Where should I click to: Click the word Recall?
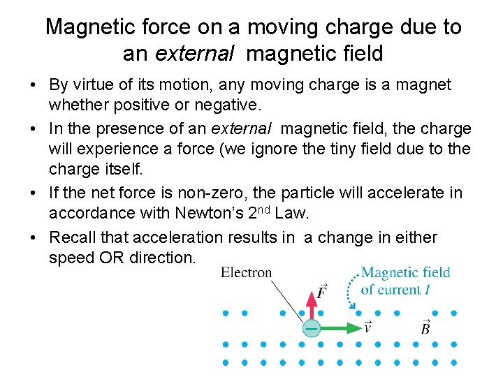point(74,237)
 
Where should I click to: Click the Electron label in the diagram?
point(246,272)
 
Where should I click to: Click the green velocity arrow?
point(340,327)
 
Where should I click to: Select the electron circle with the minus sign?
point(312,327)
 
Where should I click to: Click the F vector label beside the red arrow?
point(321,292)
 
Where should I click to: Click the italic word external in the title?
point(182,52)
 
